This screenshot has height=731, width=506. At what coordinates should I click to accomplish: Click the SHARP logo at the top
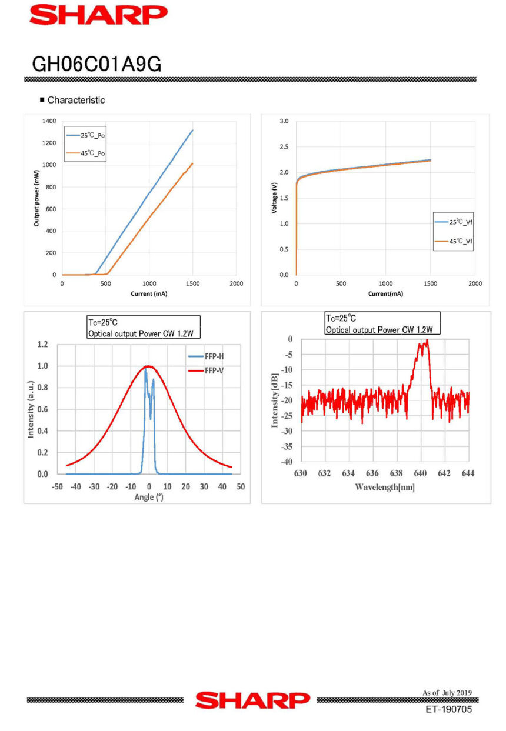[x=98, y=15]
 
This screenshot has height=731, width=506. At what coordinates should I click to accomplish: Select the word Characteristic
[x=76, y=100]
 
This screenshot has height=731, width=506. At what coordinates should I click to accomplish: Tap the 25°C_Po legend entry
[x=94, y=136]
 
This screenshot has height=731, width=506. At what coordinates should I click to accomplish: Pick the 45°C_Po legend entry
[x=94, y=153]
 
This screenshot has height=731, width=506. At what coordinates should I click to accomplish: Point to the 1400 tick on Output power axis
[x=49, y=121]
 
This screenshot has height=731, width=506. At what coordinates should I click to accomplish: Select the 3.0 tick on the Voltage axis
[x=284, y=121]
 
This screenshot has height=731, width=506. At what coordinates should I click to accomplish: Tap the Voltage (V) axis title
[x=274, y=198]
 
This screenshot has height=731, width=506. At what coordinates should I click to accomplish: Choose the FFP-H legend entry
[x=213, y=356]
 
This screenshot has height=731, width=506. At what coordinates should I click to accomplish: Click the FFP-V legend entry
[x=213, y=371]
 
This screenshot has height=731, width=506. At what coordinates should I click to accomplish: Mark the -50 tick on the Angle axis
[x=58, y=486]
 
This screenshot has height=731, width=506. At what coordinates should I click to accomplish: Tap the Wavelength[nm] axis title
[x=385, y=487]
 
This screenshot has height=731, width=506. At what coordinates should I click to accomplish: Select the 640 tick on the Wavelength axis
[x=420, y=473]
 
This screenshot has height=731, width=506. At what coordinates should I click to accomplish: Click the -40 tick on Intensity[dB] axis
[x=287, y=462]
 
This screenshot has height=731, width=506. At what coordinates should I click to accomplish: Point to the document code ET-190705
[x=449, y=710]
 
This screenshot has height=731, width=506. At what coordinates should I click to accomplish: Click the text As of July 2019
[x=447, y=693]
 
